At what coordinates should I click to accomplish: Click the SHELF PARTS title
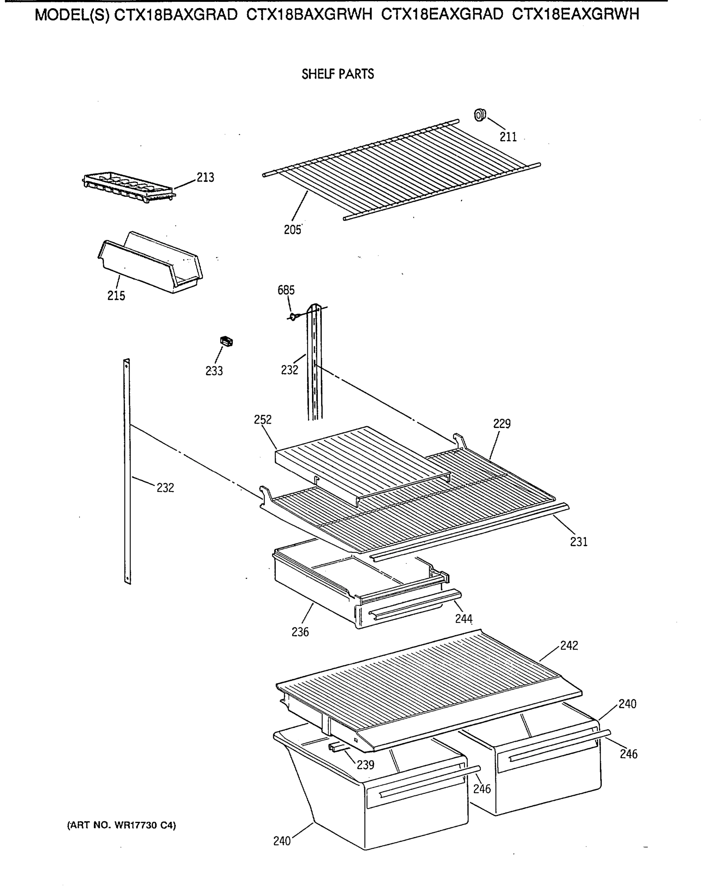(338, 74)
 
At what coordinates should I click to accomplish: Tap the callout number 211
(508, 137)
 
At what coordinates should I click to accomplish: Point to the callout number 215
(116, 295)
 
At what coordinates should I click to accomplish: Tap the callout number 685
(286, 290)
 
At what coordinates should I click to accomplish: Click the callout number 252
(262, 419)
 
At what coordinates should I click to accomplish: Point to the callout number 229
(502, 424)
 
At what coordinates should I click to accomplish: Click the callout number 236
(300, 632)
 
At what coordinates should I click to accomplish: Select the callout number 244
(464, 619)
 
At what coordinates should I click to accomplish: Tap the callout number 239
(365, 765)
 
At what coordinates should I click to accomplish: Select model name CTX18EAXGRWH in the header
(576, 15)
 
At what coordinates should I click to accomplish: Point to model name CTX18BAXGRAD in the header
(176, 15)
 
